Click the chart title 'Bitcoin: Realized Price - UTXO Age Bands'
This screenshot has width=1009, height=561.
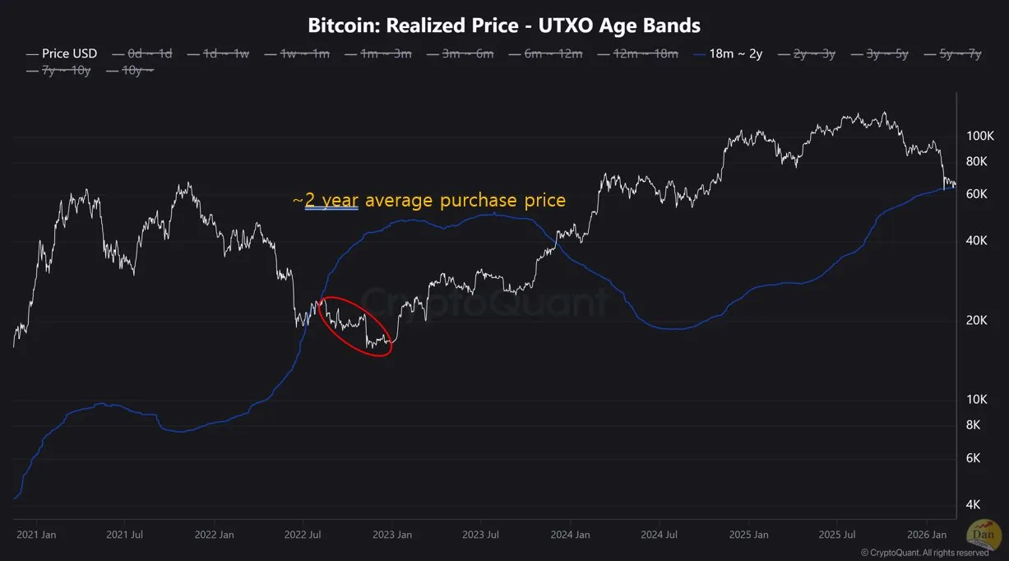pyautogui.click(x=504, y=25)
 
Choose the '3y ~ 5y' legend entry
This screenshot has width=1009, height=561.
pyautogui.click(x=886, y=53)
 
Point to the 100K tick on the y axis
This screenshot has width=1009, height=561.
pyautogui.click(x=980, y=136)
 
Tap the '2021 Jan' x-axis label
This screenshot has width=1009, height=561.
pyautogui.click(x=36, y=535)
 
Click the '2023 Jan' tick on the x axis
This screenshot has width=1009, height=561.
pyautogui.click(x=392, y=535)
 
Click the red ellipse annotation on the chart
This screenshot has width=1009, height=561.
pyautogui.click(x=356, y=326)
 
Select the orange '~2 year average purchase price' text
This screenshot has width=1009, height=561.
pyautogui.click(x=428, y=201)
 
